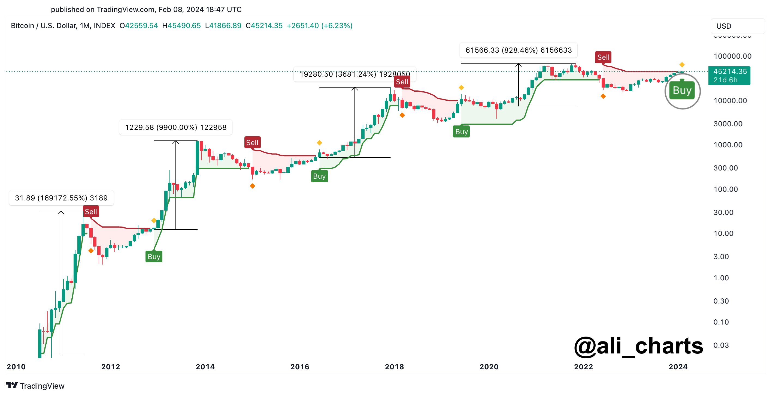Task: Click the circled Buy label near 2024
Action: tap(682, 91)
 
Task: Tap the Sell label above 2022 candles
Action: tap(603, 57)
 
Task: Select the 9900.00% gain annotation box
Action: tap(175, 127)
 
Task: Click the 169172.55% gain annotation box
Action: tap(61, 198)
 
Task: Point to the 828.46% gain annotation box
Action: tap(519, 50)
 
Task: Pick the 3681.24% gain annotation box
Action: tap(355, 74)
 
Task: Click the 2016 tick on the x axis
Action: tap(300, 367)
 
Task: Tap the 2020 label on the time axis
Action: tap(489, 367)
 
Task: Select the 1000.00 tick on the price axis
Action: tap(728, 145)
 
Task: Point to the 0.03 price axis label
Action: tap(721, 345)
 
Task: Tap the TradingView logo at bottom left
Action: tap(35, 386)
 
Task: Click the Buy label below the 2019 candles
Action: tap(461, 132)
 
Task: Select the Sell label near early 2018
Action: tap(402, 82)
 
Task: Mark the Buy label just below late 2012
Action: tap(154, 257)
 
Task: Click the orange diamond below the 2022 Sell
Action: tap(603, 97)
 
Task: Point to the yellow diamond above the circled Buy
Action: tap(682, 65)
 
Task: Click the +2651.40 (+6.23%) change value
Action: tap(319, 26)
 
